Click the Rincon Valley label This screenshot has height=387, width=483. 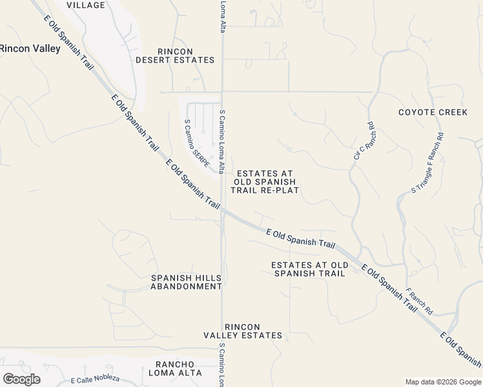point(30,48)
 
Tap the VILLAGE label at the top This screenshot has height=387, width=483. point(86,5)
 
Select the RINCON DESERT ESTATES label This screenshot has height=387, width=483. point(175,55)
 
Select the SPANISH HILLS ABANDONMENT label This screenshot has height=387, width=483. point(186,282)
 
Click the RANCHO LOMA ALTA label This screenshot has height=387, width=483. point(175,368)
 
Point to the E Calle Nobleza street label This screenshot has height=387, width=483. point(96,381)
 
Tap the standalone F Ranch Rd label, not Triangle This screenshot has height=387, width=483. point(419,302)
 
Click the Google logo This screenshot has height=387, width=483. point(21,379)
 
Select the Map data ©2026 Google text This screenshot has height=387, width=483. point(443,382)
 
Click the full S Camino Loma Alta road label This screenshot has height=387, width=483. point(221,141)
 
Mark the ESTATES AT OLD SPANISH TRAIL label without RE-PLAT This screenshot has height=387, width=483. point(310,269)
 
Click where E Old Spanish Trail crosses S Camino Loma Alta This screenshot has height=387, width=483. point(223,209)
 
